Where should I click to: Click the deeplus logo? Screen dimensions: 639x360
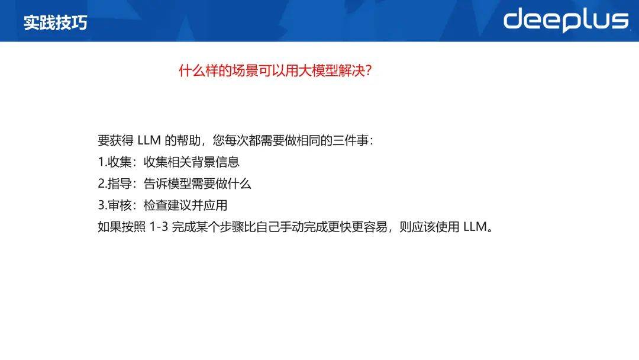[566, 20]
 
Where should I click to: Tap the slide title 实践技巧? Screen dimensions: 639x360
[56, 23]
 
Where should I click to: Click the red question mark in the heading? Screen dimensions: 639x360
[369, 71]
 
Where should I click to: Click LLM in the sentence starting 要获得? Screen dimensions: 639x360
[149, 140]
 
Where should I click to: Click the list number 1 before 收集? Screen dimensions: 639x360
[101, 162]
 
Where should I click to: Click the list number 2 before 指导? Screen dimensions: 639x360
[102, 184]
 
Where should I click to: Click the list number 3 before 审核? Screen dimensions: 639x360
[102, 205]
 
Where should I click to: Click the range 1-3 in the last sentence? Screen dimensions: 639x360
[159, 227]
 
